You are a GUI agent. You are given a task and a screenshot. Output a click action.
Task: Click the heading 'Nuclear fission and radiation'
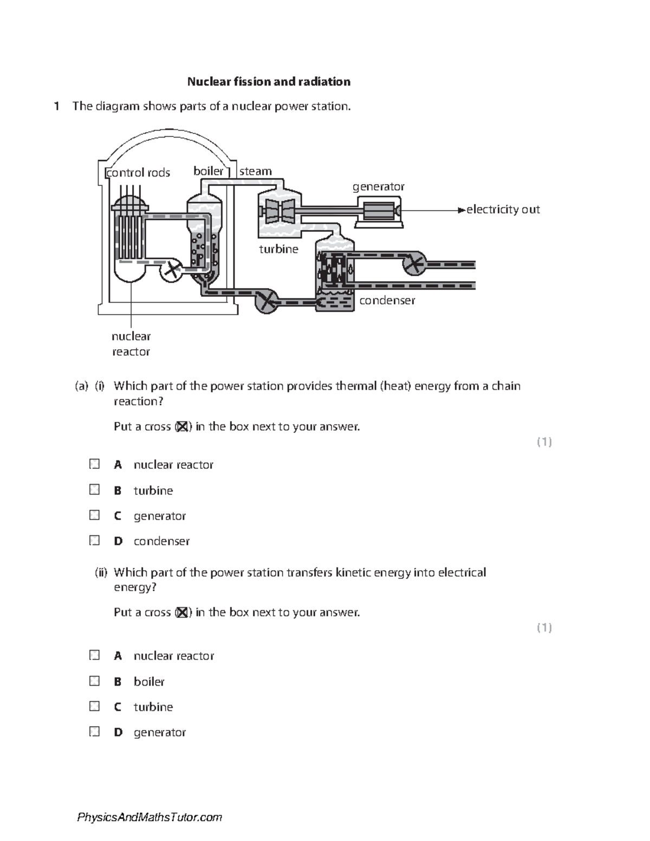tap(269, 82)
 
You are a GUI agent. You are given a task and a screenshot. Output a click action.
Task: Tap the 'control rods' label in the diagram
tap(139, 173)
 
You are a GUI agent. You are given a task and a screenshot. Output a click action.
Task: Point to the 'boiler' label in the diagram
tap(209, 171)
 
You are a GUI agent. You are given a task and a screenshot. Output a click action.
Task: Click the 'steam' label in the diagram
tap(256, 171)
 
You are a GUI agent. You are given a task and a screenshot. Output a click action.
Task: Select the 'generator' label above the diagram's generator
tap(378, 187)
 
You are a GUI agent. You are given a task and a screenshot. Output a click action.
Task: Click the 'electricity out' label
tap(503, 210)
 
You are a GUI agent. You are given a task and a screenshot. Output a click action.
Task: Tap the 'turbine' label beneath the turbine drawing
tap(278, 249)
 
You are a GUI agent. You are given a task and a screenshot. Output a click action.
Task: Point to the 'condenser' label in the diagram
tap(387, 301)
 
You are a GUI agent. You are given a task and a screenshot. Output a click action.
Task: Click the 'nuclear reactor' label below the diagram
tap(131, 344)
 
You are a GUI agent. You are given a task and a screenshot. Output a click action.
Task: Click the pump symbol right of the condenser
tap(414, 264)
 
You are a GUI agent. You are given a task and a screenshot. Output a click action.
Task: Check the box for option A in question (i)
tap(95, 464)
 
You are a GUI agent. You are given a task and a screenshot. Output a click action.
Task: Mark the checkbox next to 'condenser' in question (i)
tap(95, 540)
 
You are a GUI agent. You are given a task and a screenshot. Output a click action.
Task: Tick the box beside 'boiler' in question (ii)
tap(95, 681)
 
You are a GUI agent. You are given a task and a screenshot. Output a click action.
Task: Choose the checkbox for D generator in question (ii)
tap(95, 732)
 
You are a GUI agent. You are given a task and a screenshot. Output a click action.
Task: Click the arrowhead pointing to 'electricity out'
tap(461, 210)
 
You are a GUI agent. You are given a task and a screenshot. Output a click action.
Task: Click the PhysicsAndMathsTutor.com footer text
tap(149, 817)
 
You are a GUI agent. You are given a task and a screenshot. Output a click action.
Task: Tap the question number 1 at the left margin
tap(56, 107)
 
